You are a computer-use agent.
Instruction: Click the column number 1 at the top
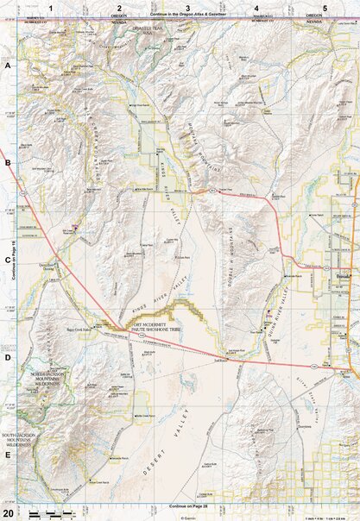tap(51, 7)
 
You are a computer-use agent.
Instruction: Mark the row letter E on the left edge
tap(8, 455)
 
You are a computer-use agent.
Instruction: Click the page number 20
tap(8, 512)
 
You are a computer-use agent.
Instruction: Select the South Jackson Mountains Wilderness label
tap(19, 440)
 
